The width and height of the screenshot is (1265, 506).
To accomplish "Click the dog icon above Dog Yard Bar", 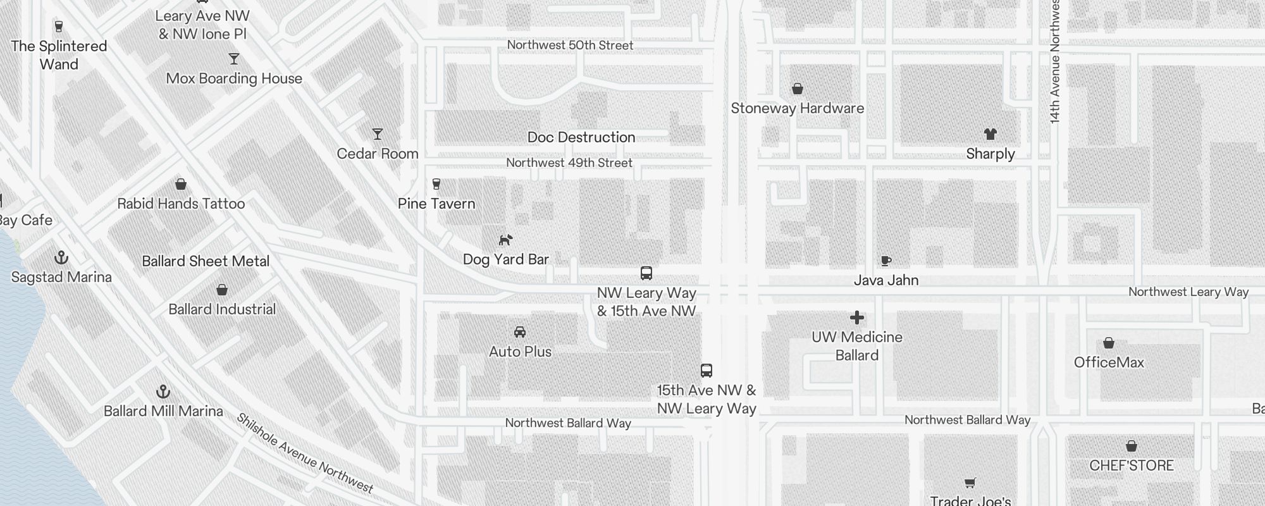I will tap(505, 240).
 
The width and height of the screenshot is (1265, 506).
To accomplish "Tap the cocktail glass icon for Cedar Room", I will tap(378, 134).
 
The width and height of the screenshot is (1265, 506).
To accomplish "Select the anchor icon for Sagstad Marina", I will tap(61, 257).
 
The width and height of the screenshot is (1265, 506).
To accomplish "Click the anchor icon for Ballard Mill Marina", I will tap(163, 392).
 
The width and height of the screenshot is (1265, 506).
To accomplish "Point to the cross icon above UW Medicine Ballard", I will tap(857, 318).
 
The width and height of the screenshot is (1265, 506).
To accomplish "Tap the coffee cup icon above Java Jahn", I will tap(886, 261).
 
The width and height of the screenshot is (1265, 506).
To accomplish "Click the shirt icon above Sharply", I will tap(990, 134).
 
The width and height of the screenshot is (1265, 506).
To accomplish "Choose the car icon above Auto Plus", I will tap(520, 332).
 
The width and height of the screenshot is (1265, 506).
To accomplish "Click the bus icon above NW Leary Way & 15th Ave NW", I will tap(646, 273).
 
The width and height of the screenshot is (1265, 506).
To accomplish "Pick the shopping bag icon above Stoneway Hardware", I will tap(798, 89).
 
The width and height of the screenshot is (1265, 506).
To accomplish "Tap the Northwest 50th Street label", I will tap(570, 45).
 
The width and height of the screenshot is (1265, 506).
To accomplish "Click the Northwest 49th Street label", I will tap(569, 163).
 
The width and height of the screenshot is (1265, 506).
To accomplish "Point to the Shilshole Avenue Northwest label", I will tap(305, 453).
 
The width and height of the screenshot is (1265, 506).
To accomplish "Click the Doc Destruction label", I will tap(581, 137).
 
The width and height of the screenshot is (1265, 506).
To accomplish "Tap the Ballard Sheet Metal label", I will tap(206, 261).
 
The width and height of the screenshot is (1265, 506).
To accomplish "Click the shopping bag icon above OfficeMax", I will tap(1109, 343).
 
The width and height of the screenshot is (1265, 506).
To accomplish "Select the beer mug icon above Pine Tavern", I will tap(436, 184).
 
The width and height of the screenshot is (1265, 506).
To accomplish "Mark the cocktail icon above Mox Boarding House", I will tap(234, 59).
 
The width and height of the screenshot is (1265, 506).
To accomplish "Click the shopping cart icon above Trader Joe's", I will tap(970, 483).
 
